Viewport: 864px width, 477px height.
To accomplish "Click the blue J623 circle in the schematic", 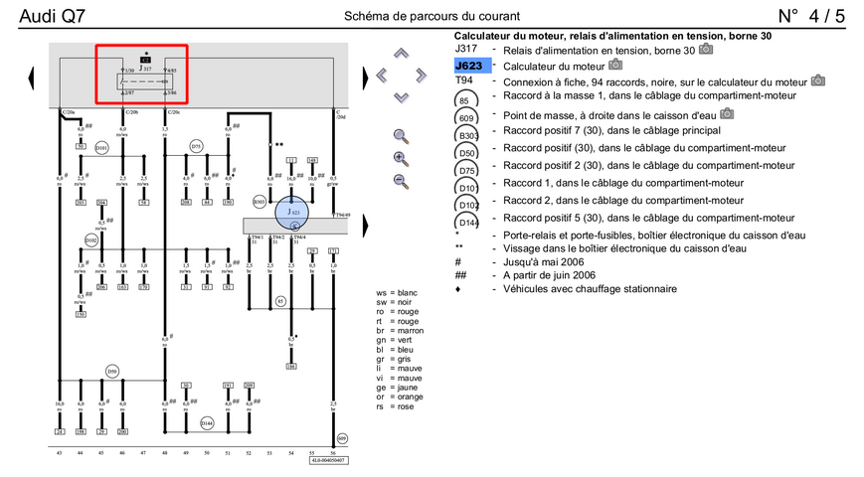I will (x=292, y=212).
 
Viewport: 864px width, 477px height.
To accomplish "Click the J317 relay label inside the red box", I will (x=146, y=70).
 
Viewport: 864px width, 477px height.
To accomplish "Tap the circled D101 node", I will (x=101, y=149).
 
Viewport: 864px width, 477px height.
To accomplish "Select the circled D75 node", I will (x=196, y=146).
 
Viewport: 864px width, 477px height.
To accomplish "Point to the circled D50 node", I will (x=112, y=372).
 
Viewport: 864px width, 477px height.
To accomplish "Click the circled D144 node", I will (x=207, y=422).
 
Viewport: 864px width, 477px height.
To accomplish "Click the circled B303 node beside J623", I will (x=260, y=202).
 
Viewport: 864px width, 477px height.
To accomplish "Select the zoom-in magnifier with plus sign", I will (x=401, y=158).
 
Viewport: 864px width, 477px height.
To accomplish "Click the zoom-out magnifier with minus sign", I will (x=401, y=180).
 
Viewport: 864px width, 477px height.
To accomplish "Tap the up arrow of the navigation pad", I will (x=401, y=53).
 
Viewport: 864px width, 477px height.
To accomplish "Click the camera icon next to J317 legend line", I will (x=706, y=49).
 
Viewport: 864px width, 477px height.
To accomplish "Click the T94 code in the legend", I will (x=463, y=80).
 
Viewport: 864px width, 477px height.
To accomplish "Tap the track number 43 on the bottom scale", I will (x=59, y=453).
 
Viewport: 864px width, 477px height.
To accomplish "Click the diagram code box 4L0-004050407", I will (x=329, y=460).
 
